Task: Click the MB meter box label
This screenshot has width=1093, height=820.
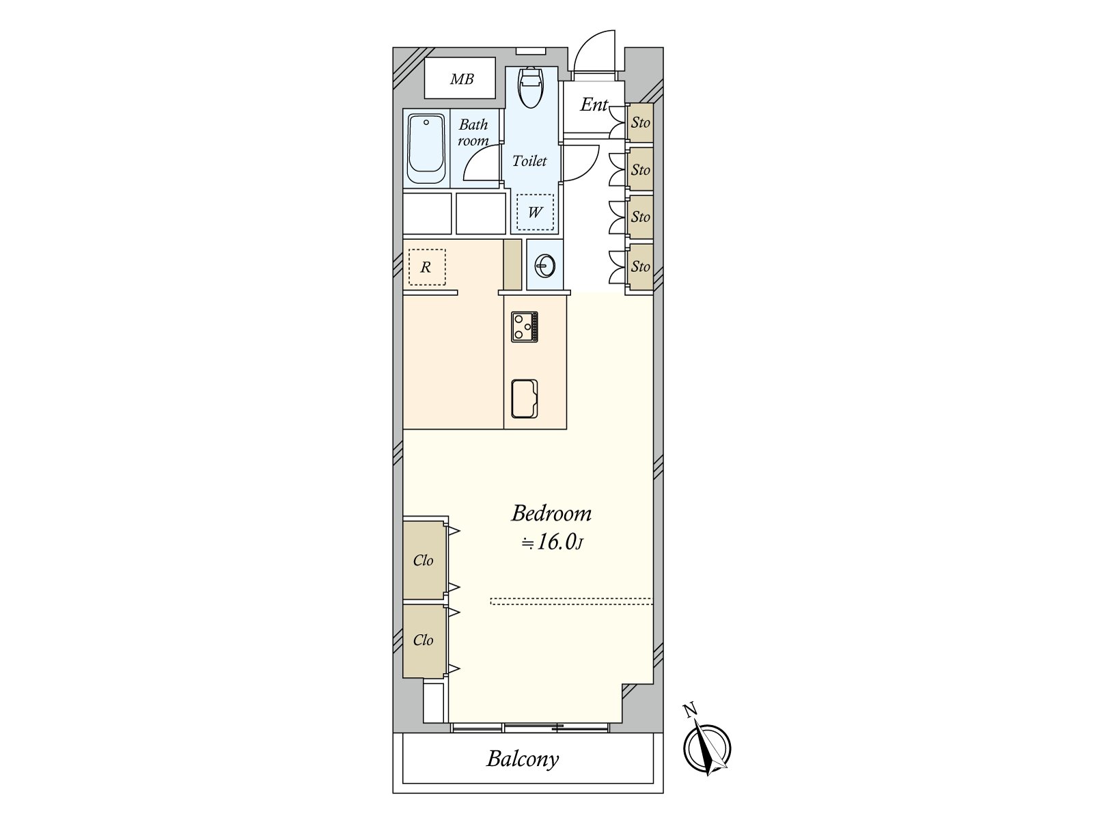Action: coord(461,79)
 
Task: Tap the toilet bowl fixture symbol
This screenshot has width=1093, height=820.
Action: coord(530,87)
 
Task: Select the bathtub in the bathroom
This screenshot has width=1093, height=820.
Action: coord(426,149)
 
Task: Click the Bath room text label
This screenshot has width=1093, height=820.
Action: coord(473,133)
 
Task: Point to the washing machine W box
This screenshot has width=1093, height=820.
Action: coord(534,212)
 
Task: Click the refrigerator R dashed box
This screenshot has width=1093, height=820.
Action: coord(426,267)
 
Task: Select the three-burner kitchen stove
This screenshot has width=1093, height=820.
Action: coord(525,327)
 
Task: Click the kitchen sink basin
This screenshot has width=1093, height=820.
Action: coord(525,398)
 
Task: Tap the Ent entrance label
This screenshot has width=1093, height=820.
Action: coord(594,105)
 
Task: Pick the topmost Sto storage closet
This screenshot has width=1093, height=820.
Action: coord(640,123)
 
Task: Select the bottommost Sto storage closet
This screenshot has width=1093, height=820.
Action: coord(640,266)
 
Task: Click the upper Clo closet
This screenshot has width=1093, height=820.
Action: coord(424,560)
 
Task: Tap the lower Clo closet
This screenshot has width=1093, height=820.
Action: coord(424,640)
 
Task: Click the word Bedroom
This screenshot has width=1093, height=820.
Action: coord(551,513)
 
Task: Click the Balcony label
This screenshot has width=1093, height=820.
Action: coord(523,758)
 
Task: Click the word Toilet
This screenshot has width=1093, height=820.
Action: coord(529,161)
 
